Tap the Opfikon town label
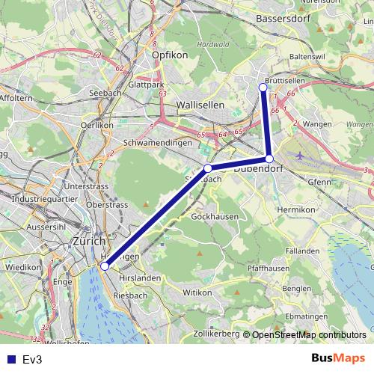tap(167, 55)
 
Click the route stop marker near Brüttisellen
tap(263, 88)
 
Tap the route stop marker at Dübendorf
tap(269, 159)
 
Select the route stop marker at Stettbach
tap(209, 168)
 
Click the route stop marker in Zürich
tap(105, 266)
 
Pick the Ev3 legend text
tap(32, 360)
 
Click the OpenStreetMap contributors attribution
tap(309, 335)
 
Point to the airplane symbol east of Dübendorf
tap(301, 156)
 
